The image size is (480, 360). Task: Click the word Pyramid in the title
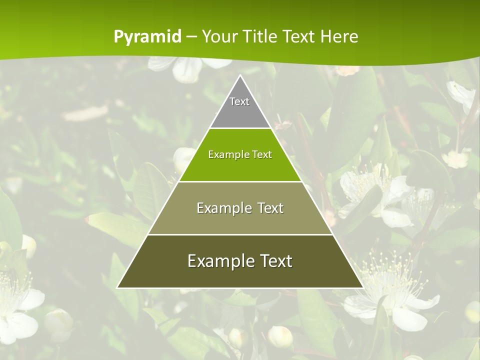point(147,37)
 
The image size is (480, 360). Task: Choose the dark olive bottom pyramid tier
point(240,275)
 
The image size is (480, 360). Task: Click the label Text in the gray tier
point(239,101)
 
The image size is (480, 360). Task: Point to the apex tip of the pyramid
point(240,76)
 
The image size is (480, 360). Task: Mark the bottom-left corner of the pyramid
point(118,287)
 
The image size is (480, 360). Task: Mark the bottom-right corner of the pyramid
point(362,287)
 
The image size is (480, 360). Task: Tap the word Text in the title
point(299,37)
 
